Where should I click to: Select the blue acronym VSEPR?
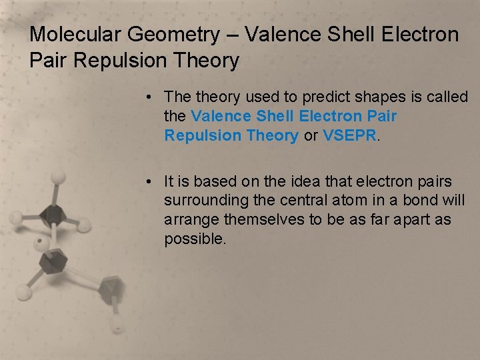point(350,135)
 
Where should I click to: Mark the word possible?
point(195,239)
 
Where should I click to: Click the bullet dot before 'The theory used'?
point(153,97)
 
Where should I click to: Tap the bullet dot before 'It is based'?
point(153,182)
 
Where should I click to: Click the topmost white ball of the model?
point(59,177)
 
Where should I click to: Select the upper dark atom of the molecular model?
point(53,215)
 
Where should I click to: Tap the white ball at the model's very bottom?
point(117,326)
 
